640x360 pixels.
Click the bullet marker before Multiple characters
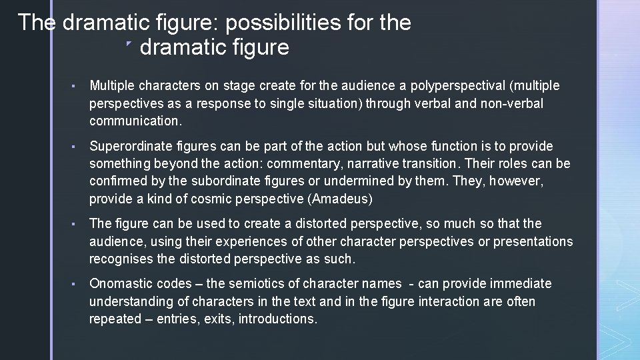pyautogui.click(x=79, y=87)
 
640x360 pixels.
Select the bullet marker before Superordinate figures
pyautogui.click(x=79, y=147)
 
